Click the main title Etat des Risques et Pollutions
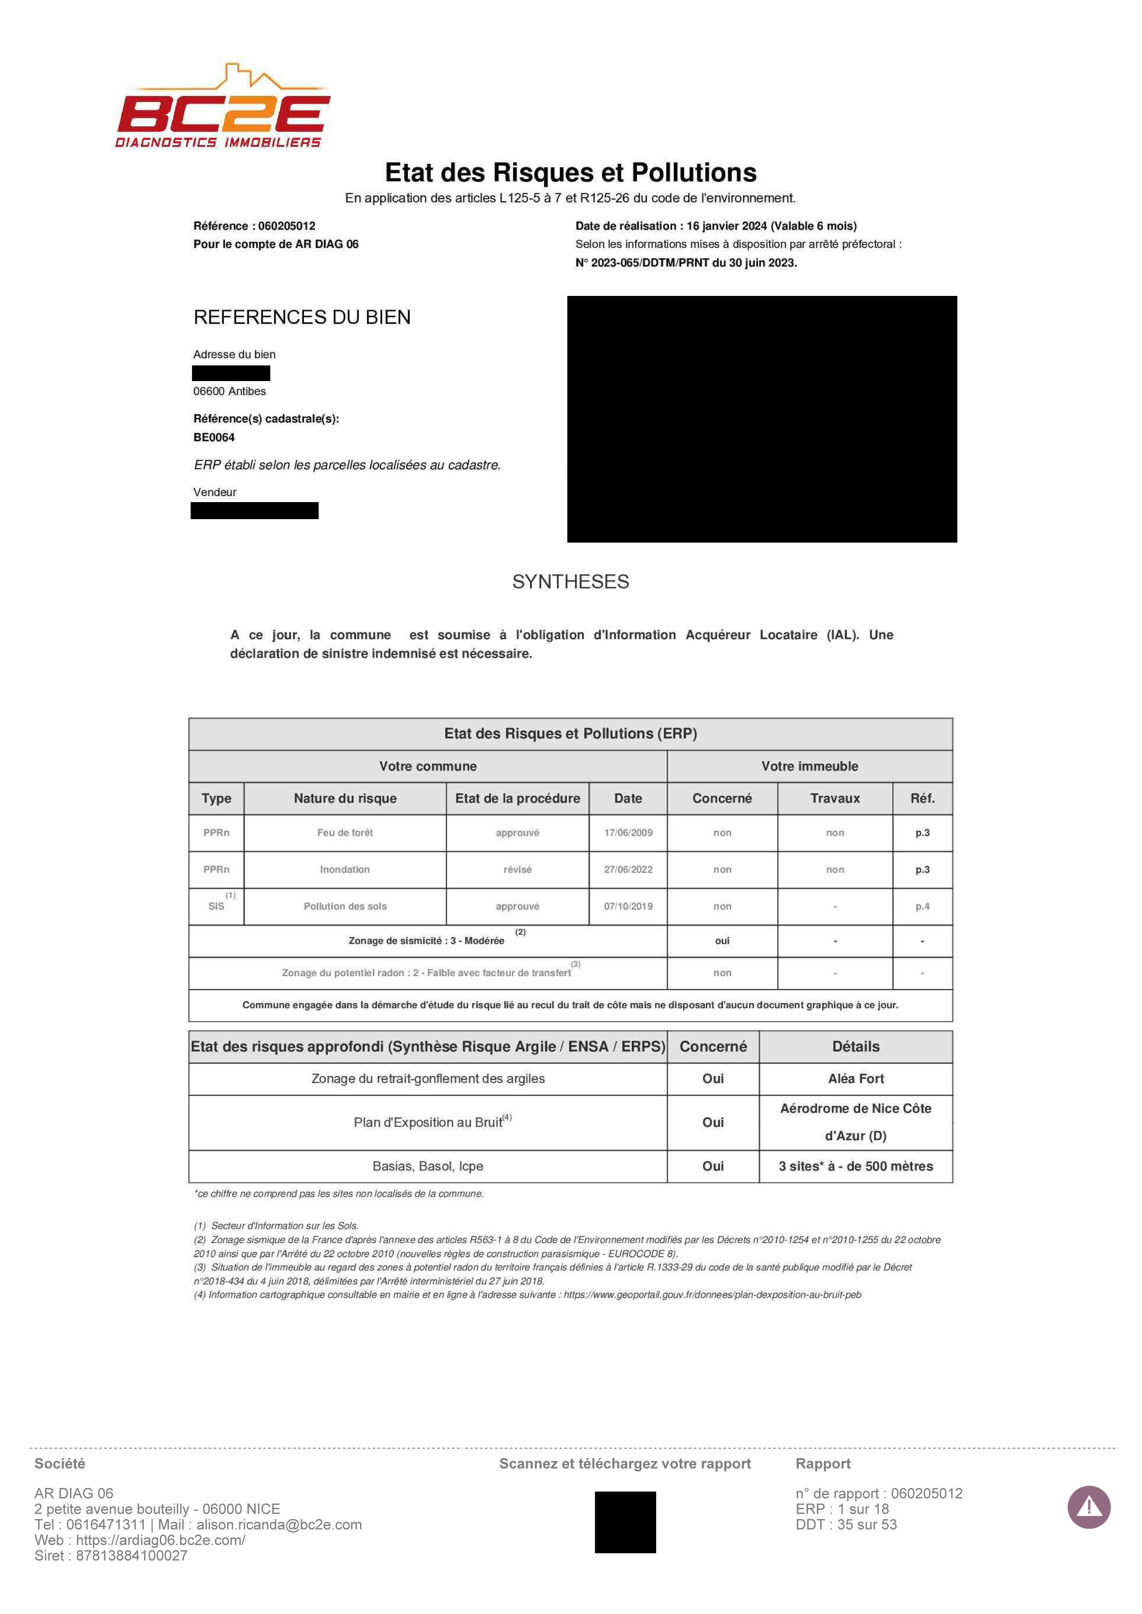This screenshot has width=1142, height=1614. coord(570,172)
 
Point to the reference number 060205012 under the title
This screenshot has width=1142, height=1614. coord(286,226)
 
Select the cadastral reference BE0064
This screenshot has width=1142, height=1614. coord(214,437)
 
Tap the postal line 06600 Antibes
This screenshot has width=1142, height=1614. coord(229,391)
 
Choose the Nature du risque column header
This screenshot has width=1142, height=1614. coord(344,798)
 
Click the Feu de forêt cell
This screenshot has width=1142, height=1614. coord(344,832)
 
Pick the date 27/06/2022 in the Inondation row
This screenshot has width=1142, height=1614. coord(628,869)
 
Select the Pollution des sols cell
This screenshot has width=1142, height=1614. coord(344,906)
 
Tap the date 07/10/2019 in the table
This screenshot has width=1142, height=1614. coord(628,906)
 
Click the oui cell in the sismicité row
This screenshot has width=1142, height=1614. coord(722,941)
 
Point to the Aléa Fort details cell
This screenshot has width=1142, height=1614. coord(856,1078)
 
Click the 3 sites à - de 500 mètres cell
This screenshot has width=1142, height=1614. coord(856,1166)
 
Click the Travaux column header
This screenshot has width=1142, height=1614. coord(835,798)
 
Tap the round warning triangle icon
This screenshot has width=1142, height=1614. coord(1089,1507)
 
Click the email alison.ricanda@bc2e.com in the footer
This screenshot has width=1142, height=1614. coord(279,1525)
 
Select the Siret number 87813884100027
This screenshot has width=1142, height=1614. coord(132,1556)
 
